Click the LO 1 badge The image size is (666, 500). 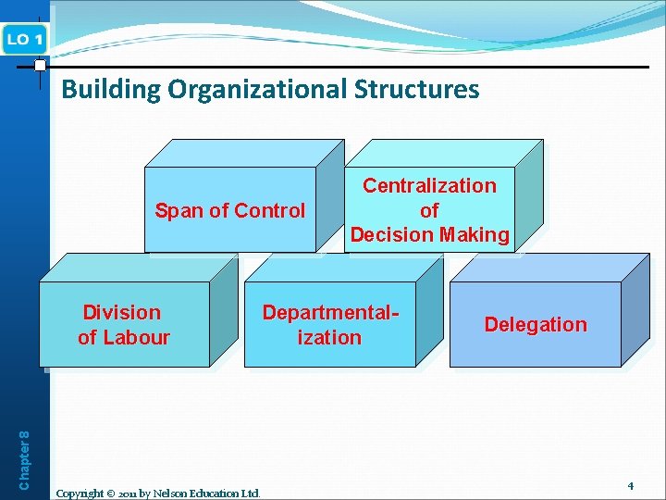(x=24, y=39)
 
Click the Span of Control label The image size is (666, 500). (x=229, y=210)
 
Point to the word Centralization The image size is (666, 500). (x=429, y=185)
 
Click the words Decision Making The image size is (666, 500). (x=429, y=235)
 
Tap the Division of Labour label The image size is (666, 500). (x=123, y=325)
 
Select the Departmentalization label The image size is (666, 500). (x=329, y=325)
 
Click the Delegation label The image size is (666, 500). (x=536, y=324)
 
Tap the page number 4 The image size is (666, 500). (x=630, y=485)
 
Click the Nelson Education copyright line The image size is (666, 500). (x=158, y=493)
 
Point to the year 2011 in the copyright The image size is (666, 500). (x=129, y=493)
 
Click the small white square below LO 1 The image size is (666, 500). (x=40, y=66)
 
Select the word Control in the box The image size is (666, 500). (x=272, y=210)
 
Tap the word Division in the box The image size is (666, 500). (x=122, y=313)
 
